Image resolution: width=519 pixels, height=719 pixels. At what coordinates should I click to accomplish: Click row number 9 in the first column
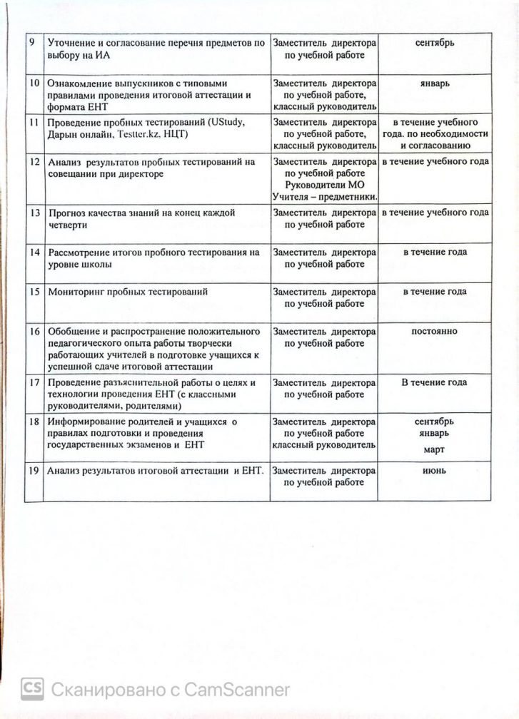tap(31, 43)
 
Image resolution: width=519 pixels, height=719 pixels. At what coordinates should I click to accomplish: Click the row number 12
tap(32, 162)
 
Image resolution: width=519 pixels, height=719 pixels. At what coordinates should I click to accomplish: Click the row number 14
tap(32, 253)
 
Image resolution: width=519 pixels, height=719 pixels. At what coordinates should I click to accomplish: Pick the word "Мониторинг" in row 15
tap(76, 292)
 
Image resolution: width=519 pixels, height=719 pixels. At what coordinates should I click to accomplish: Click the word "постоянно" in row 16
tap(435, 331)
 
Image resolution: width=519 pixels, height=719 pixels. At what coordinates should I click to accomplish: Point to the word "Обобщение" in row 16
tap(71, 332)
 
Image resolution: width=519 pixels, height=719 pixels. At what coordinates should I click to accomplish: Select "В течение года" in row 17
tap(434, 382)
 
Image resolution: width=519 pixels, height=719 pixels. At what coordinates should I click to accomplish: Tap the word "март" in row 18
tap(434, 450)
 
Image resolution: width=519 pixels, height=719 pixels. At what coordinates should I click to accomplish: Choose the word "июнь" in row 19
tap(435, 471)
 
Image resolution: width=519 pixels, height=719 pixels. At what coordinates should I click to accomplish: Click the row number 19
tap(32, 471)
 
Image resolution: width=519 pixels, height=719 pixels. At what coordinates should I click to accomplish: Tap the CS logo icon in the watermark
tap(32, 689)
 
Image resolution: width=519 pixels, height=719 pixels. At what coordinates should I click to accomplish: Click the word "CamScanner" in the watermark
tap(237, 690)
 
